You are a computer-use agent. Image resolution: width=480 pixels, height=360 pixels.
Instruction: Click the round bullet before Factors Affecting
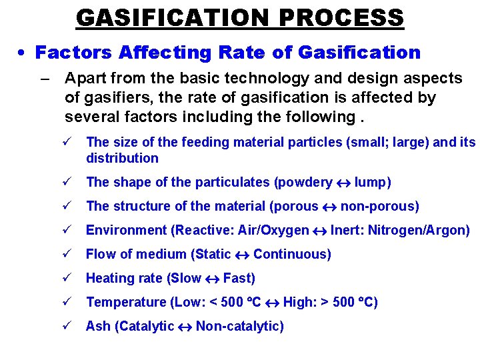tap(23, 53)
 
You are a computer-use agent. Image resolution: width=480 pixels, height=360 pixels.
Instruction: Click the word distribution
tap(122, 158)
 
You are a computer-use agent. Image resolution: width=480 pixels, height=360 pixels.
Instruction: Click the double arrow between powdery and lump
tap(343, 183)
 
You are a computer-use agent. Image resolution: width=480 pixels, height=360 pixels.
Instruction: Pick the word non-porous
tap(379, 206)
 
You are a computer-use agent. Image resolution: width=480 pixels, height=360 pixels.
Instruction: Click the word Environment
tap(127, 230)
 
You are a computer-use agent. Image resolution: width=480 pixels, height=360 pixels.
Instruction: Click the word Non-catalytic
tap(239, 326)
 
